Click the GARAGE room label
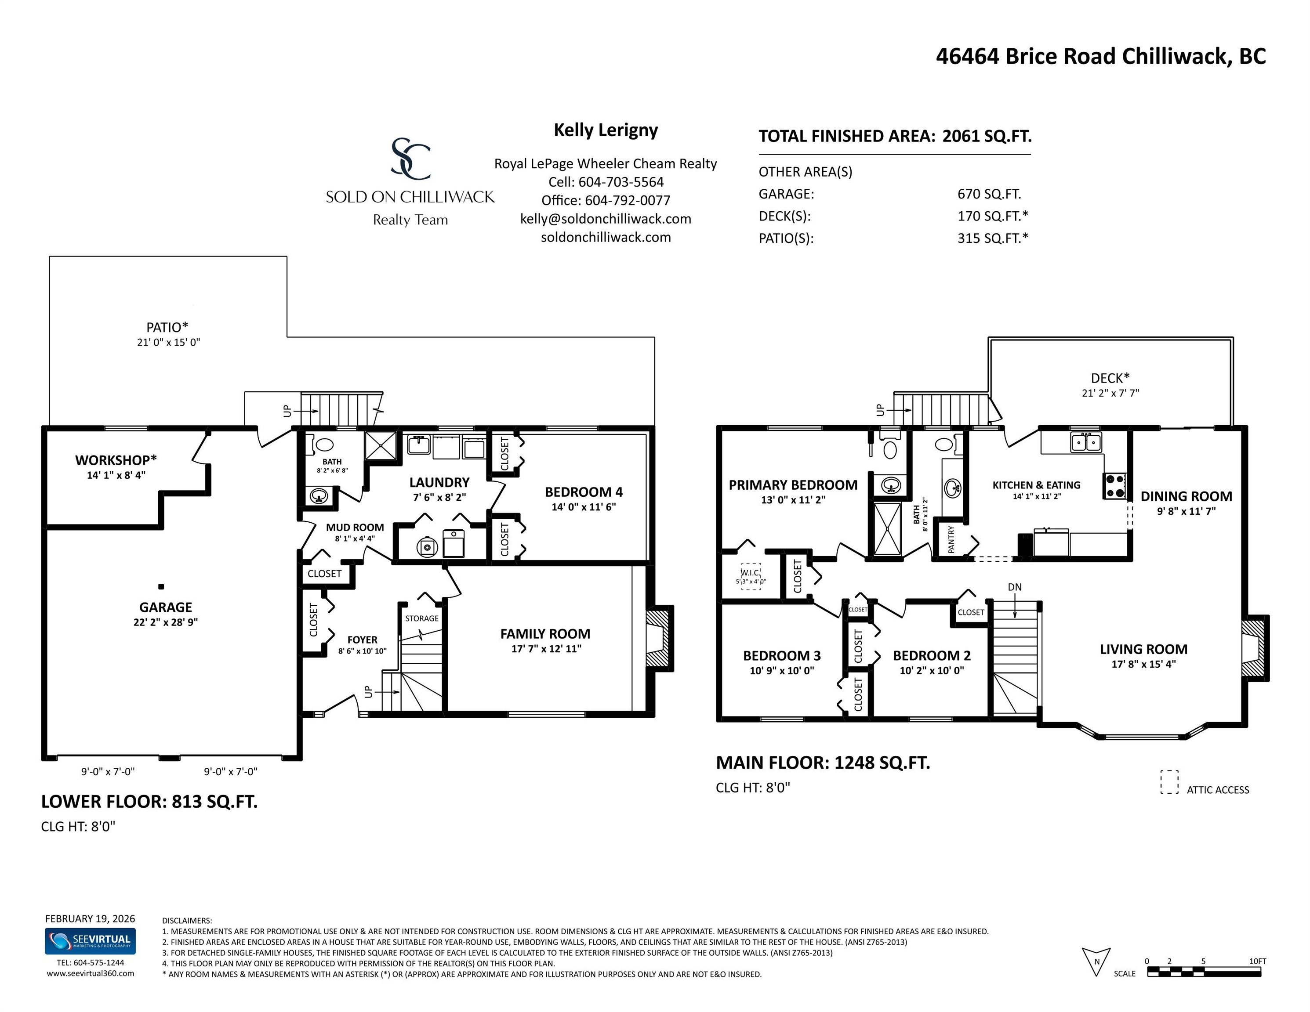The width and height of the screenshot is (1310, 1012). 166,607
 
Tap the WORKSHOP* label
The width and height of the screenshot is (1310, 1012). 116,460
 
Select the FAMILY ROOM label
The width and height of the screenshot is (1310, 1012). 545,634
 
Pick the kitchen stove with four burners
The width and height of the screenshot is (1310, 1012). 1114,486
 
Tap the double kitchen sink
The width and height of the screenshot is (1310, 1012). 1086,442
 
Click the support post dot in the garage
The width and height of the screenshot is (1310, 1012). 161,586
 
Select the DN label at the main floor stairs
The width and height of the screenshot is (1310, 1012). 1015,587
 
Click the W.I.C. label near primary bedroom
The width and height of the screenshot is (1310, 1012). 751,573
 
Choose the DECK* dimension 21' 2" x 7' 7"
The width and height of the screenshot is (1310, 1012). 1110,393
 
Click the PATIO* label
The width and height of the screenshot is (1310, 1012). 167,327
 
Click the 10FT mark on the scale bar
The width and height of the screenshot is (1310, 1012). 1258,961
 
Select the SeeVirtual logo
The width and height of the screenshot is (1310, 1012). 90,941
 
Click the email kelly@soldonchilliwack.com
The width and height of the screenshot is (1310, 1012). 606,219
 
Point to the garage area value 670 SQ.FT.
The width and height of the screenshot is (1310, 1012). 989,194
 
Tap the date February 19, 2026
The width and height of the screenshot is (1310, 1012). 90,918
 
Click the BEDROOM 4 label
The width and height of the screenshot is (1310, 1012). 584,492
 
